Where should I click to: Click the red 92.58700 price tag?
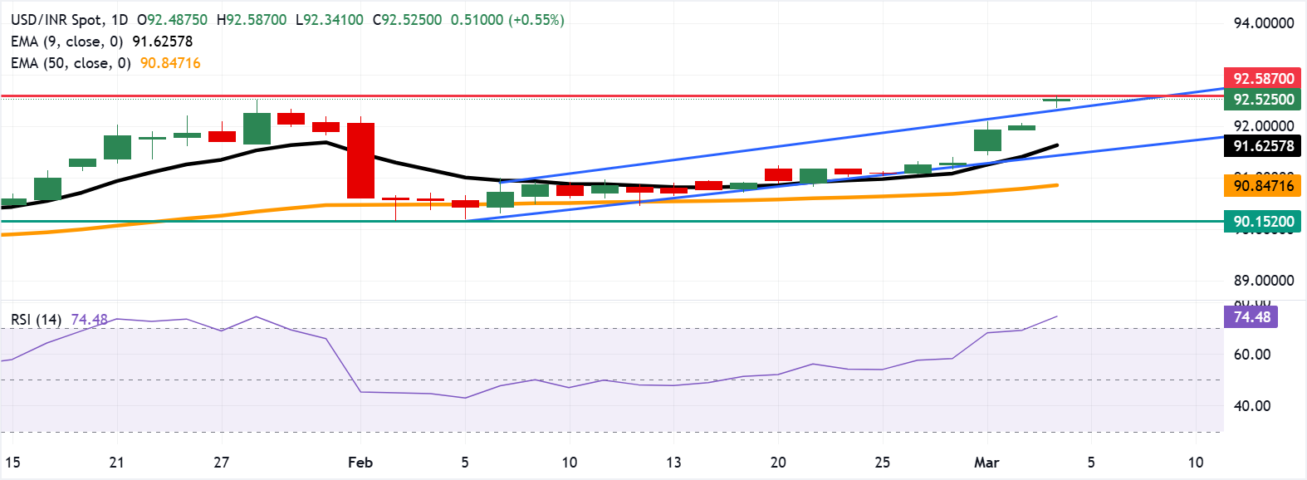pos(1262,79)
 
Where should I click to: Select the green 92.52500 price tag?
pos(1262,100)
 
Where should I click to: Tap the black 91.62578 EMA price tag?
pos(1262,146)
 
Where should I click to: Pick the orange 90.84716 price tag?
pos(1262,185)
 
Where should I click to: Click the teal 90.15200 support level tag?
pos(1262,222)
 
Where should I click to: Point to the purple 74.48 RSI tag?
pos(1251,317)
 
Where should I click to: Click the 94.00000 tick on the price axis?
pos(1263,23)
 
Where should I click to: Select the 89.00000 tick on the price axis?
pos(1263,281)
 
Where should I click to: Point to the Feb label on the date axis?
pos(360,463)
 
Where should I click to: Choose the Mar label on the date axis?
pos(986,463)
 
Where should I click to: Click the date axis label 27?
pos(221,463)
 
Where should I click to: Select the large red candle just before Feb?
pos(360,160)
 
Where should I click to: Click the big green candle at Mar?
pos(987,140)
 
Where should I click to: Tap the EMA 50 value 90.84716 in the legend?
pos(170,63)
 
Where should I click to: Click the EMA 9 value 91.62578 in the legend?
pos(163,42)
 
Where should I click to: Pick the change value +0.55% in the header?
pos(539,20)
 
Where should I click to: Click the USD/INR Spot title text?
pos(57,20)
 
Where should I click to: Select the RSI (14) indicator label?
pos(36,320)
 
